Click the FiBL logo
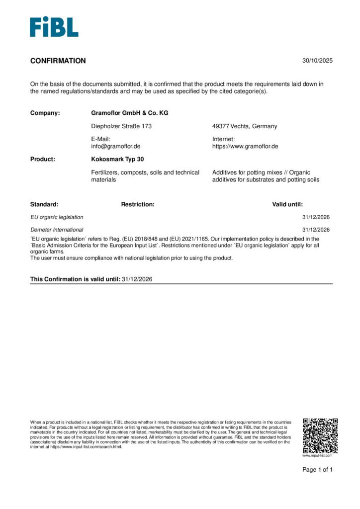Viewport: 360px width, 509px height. click(54, 27)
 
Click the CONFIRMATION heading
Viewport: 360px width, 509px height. click(58, 61)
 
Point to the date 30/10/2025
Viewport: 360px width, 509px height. click(317, 61)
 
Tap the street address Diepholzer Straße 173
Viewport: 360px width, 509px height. click(121, 126)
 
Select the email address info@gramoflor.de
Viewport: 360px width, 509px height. click(116, 147)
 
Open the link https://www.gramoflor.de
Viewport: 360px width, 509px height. click(245, 147)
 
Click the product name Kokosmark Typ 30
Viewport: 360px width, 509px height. click(117, 160)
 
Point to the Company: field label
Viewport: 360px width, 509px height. click(45, 113)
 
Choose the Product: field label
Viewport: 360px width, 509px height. click(43, 160)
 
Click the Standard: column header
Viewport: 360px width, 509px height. click(44, 204)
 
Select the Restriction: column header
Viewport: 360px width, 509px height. click(138, 204)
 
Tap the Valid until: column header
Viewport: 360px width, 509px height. click(287, 204)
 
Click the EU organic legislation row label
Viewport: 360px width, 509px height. click(57, 217)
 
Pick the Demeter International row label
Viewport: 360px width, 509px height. click(57, 230)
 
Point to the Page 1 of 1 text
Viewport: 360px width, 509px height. click(318, 470)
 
